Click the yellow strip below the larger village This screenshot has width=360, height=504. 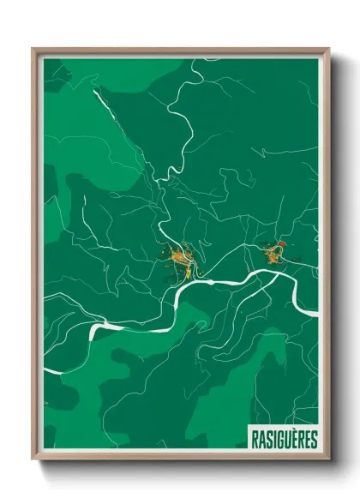183,275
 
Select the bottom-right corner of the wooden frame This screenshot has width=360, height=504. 327,459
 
